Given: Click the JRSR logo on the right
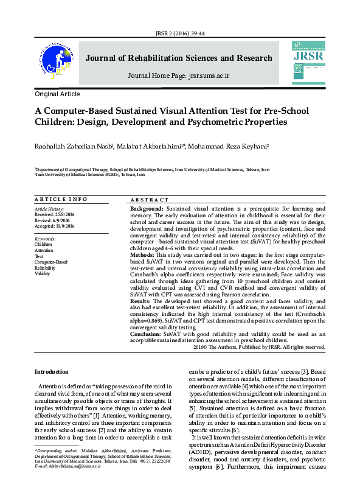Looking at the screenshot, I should click(308, 58).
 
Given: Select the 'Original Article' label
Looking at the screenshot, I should click(57, 94).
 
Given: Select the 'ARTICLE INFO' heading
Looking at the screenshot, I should click(61, 200).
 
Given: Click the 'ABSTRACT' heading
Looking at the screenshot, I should click(150, 200).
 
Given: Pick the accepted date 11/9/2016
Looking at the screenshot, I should click(64, 226).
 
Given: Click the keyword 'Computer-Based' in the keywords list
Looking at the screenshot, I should click(51, 262).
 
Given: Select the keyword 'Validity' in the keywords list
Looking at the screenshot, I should click(43, 274).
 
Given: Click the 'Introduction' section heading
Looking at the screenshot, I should click(52, 371).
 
